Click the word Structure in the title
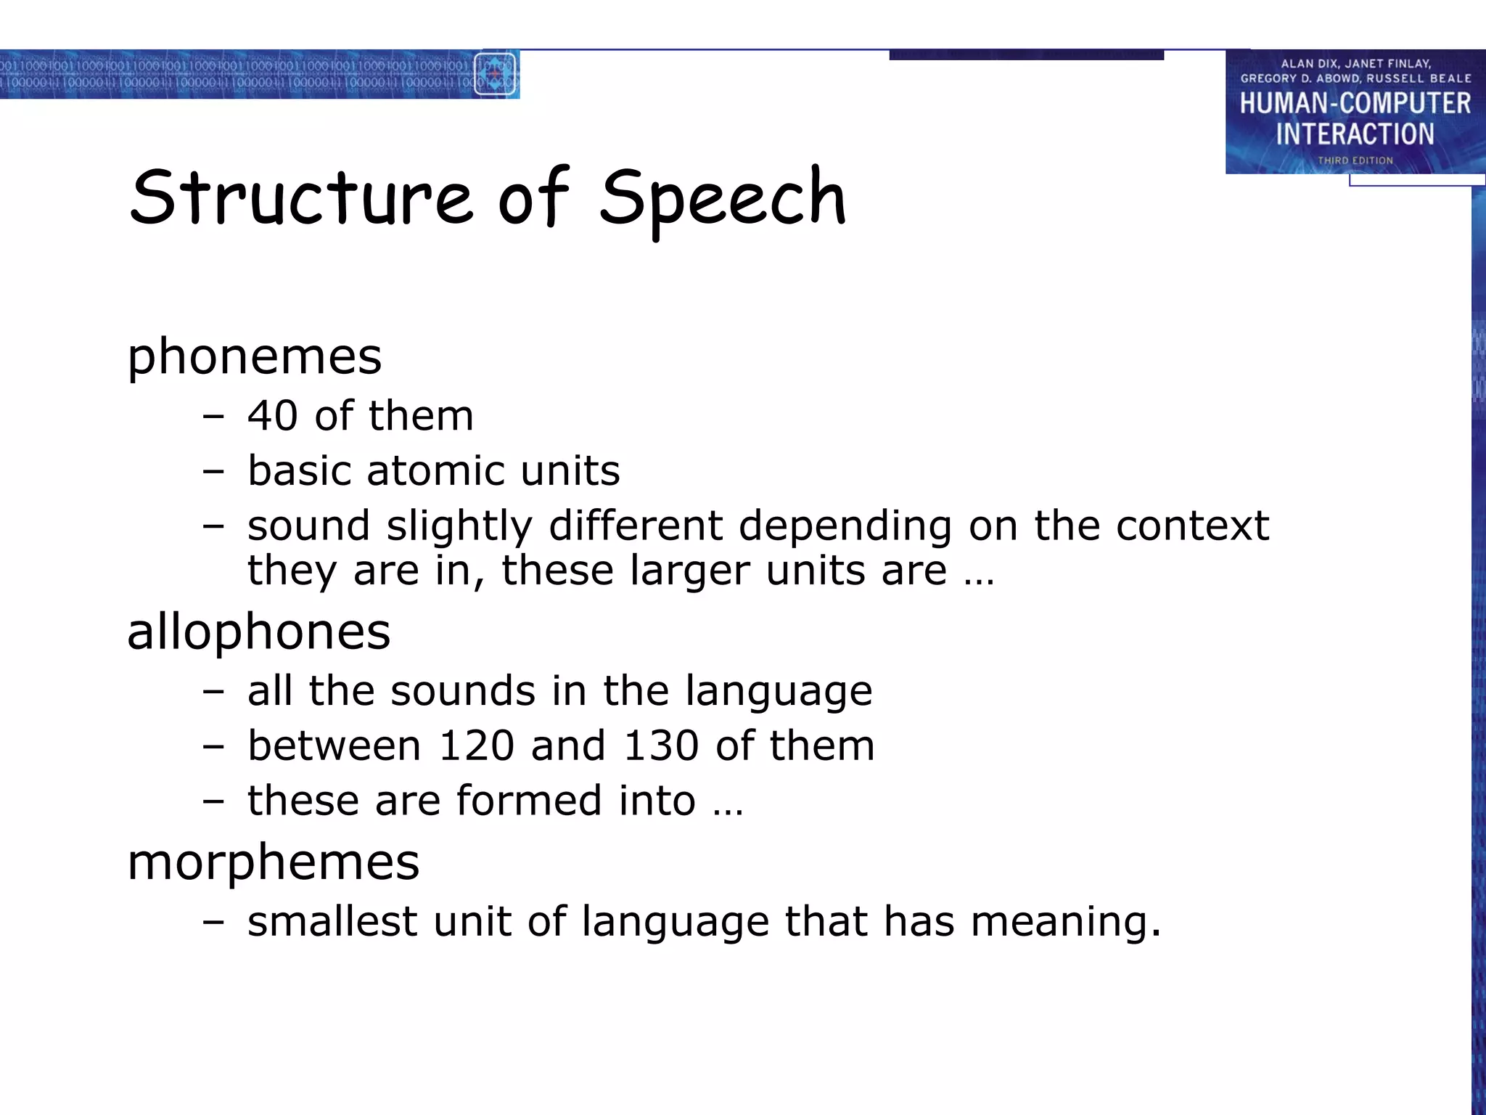(301, 197)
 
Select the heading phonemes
(254, 356)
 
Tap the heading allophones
(258, 631)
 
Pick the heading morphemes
(274, 862)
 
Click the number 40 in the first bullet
(273, 416)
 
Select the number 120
(477, 746)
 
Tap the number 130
(661, 746)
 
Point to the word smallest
(332, 921)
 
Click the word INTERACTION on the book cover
(1355, 134)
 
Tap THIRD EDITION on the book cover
(1355, 160)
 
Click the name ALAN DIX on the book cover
(1307, 64)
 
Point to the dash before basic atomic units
(213, 471)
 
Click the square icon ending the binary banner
(496, 74)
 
